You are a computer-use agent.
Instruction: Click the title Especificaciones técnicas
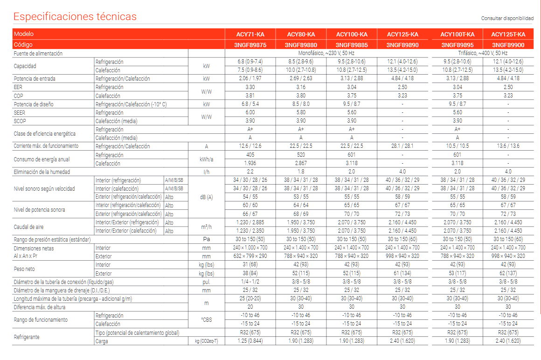coord(75,17)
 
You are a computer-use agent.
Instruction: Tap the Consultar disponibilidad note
coord(507,19)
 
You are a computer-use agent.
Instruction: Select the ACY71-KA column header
coord(250,35)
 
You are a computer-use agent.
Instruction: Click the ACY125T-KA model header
coord(508,35)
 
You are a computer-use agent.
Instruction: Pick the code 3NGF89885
coord(352,45)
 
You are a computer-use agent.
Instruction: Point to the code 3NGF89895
coord(457,45)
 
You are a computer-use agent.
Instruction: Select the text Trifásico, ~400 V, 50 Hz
coord(482,54)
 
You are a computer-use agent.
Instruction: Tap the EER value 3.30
coord(250,87)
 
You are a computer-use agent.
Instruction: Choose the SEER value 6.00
coord(250,113)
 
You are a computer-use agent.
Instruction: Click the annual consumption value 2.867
coord(301,163)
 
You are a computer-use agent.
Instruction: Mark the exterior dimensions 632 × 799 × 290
coord(250,256)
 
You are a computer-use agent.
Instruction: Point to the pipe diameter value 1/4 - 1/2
coord(250,282)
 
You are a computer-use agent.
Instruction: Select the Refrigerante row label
coord(27,337)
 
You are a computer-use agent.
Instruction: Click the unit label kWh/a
coord(206,159)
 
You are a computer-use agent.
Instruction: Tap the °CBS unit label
coord(206,319)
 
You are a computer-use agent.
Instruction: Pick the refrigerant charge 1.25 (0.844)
coord(250,341)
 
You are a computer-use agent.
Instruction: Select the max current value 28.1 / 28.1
coord(402,146)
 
